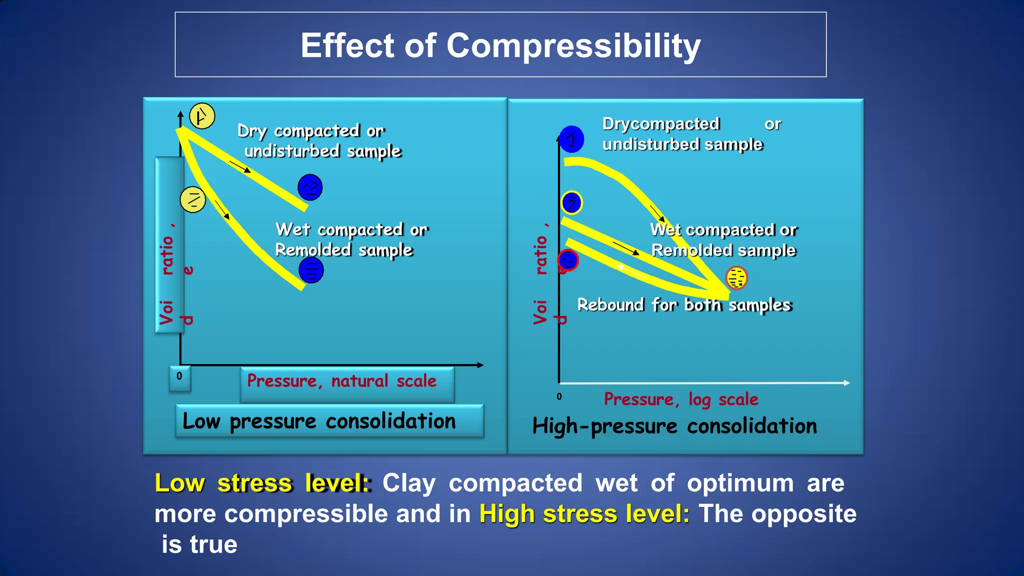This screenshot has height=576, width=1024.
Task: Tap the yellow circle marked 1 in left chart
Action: point(202,116)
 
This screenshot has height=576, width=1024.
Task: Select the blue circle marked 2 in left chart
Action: point(310,187)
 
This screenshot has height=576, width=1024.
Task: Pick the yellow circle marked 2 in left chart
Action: point(193,199)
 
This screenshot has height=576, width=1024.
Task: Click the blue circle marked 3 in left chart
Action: point(311,270)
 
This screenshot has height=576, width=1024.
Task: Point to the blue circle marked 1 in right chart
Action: point(571,139)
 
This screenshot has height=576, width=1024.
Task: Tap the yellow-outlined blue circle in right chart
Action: point(571,203)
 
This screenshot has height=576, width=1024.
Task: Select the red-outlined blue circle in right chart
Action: point(568,260)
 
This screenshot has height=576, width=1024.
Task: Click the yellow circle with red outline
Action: point(736,278)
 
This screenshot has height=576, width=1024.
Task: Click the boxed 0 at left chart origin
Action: point(179,378)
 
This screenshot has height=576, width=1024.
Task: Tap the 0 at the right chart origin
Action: point(559,396)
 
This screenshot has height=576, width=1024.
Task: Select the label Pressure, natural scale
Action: point(342,381)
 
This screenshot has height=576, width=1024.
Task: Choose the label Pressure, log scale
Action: point(681,399)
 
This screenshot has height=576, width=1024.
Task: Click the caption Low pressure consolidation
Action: point(319,421)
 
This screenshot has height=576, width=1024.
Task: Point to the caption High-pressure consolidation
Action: point(674,426)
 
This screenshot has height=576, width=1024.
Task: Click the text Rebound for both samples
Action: point(684,305)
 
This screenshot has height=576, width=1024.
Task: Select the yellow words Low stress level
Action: point(263,483)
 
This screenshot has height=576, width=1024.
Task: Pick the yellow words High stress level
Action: point(584,514)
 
